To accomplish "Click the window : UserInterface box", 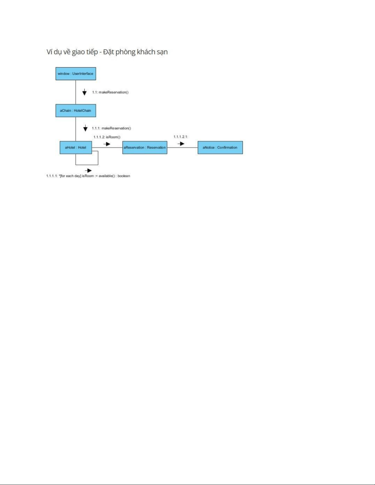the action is point(76,74).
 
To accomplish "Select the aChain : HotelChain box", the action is point(76,110).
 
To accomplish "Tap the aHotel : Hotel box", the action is point(76,147).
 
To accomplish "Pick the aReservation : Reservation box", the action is point(144,147).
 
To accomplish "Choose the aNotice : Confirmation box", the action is point(220,147).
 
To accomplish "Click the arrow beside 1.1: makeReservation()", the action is point(84,92).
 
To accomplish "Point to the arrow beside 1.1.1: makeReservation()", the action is point(85,128).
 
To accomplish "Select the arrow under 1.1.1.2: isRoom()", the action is point(107,144).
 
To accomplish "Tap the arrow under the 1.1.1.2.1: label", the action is point(181,144).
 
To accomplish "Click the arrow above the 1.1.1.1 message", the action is point(88,170).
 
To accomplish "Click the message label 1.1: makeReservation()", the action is point(110,92).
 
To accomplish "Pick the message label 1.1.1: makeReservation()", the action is point(111,128).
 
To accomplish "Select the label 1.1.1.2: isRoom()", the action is point(107,137).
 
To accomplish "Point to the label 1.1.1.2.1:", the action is point(181,137).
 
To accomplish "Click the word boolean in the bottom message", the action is point(124,176).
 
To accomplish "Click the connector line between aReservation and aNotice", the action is point(182,147).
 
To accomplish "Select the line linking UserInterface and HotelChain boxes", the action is point(76,92).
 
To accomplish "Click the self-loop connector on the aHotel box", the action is point(98,158).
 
